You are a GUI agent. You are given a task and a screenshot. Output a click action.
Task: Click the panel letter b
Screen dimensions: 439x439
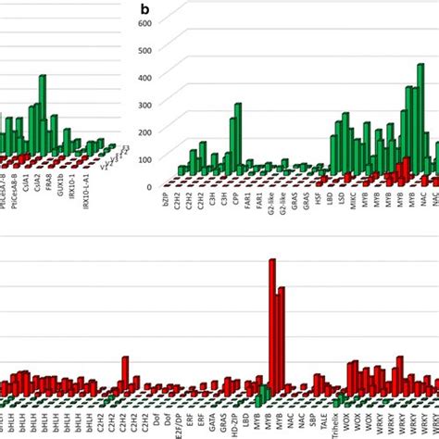(144, 8)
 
